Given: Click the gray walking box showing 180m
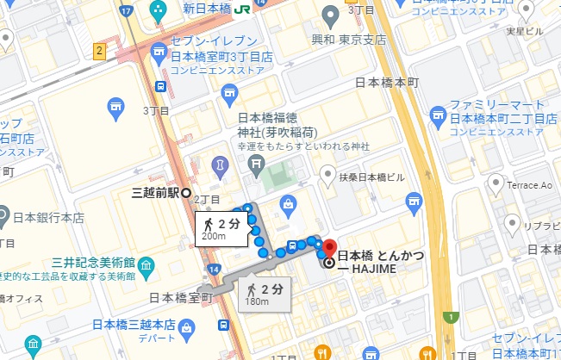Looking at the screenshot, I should click(261, 293).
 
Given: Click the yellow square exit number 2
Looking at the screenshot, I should click(100, 51).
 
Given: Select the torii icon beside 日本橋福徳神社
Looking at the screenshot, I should click(256, 162).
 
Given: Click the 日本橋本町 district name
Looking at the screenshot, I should click(386, 84).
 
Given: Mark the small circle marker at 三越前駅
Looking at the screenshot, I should click(185, 193).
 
